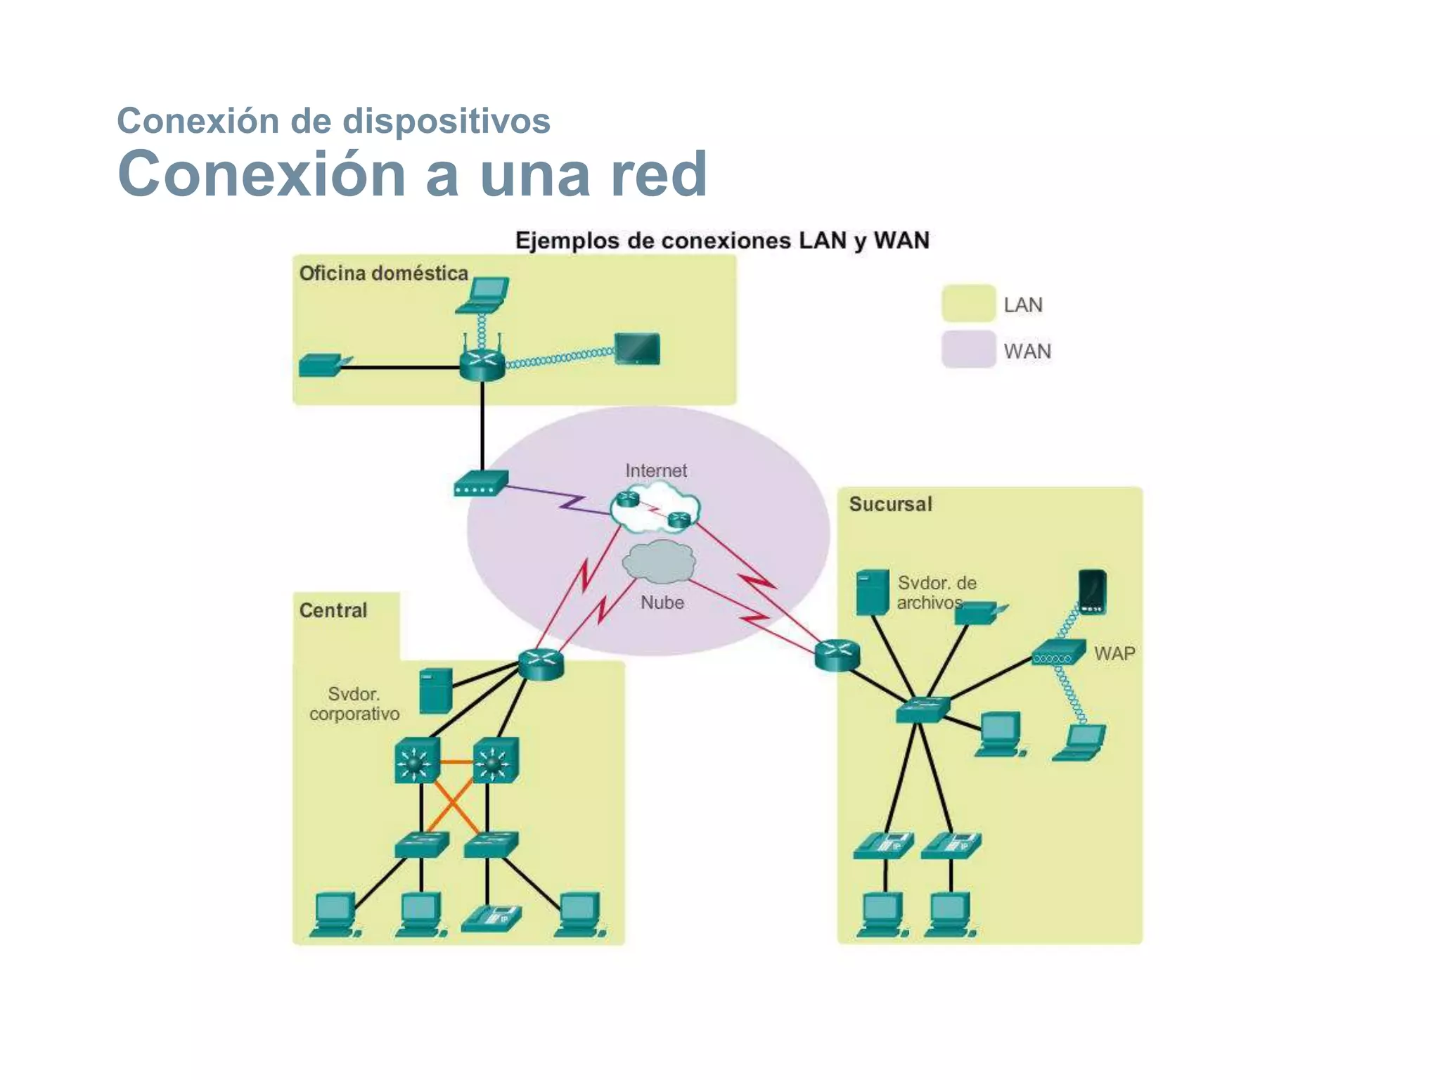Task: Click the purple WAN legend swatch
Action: (x=968, y=349)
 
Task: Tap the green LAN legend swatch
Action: (x=968, y=303)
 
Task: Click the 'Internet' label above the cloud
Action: (x=656, y=470)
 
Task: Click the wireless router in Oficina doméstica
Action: (x=482, y=363)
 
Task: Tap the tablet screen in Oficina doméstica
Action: (x=637, y=349)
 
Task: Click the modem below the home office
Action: (x=481, y=483)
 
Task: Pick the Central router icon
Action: (x=541, y=663)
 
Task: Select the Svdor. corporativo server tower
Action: (x=436, y=690)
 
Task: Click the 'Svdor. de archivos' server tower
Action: (x=873, y=592)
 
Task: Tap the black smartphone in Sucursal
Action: (x=1092, y=591)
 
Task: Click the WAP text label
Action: (x=1114, y=653)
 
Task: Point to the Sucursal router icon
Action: (x=837, y=655)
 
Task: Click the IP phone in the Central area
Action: (x=492, y=918)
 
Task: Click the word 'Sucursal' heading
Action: (x=890, y=504)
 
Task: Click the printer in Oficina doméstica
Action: (x=322, y=366)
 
